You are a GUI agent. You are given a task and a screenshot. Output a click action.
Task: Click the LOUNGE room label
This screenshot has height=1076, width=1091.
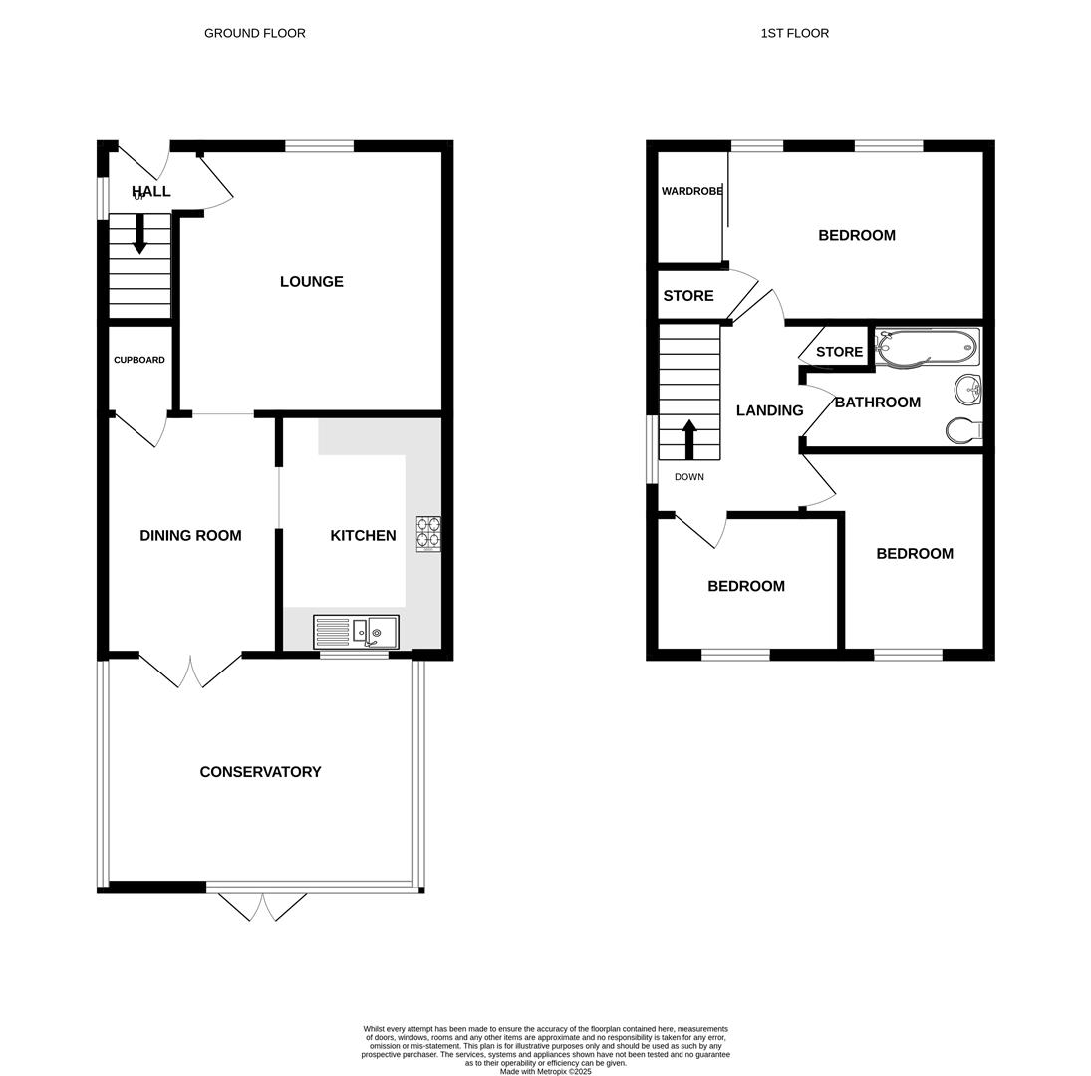[x=311, y=282]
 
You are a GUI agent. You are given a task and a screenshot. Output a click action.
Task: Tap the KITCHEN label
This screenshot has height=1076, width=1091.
[x=363, y=536]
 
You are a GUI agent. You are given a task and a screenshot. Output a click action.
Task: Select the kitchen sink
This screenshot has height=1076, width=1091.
[x=356, y=632]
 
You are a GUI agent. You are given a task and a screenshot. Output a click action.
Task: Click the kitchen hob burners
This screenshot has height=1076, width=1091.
[x=428, y=533]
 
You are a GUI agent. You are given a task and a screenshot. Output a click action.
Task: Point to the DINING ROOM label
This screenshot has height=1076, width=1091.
[x=190, y=536]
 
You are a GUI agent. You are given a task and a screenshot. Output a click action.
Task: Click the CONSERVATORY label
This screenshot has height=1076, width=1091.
[x=260, y=772]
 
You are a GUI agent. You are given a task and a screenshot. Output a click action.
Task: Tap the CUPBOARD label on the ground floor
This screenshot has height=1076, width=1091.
[x=139, y=360]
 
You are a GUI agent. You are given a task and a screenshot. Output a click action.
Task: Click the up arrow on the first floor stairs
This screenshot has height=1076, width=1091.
[x=688, y=437]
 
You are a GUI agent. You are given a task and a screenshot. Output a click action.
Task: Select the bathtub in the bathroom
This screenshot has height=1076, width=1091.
[x=926, y=348]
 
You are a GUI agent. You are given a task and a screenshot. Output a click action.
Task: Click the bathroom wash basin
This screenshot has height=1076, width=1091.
[x=967, y=389]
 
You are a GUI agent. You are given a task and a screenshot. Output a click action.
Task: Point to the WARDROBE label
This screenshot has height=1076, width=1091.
[x=691, y=191]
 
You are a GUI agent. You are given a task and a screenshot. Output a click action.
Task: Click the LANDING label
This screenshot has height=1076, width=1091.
[x=769, y=410]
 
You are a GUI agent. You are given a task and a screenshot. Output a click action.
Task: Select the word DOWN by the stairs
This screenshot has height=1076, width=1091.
[x=688, y=477]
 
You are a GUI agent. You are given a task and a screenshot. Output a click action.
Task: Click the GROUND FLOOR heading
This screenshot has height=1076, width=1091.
[x=255, y=33]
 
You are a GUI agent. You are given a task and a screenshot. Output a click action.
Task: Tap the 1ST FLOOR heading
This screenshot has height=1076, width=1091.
[x=794, y=33]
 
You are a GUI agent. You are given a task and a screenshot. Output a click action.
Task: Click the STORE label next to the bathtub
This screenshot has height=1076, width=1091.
[x=839, y=352]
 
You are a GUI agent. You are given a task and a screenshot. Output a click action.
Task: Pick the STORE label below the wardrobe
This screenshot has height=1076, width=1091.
[x=688, y=296]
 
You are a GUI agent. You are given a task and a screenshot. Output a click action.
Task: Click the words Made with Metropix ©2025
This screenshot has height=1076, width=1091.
[x=545, y=1072]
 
